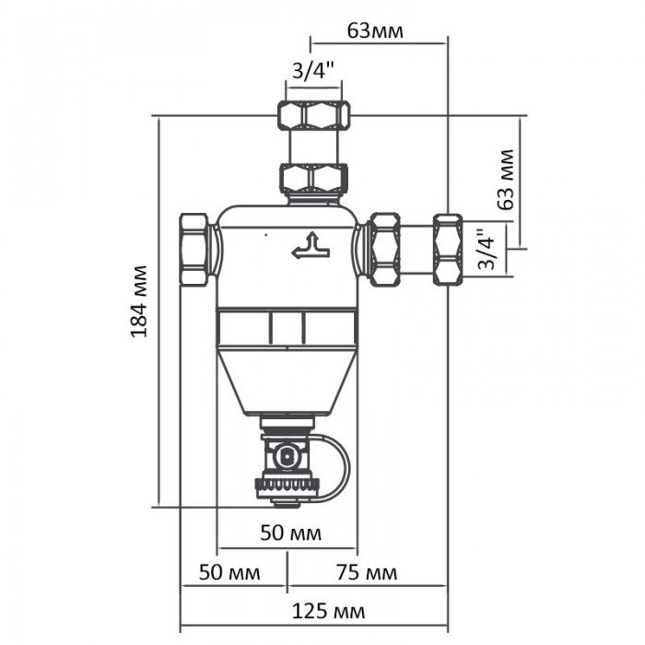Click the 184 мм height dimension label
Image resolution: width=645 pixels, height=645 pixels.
(139, 302)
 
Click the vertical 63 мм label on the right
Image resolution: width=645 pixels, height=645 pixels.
(504, 180)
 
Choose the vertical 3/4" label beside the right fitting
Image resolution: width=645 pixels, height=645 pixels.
(487, 250)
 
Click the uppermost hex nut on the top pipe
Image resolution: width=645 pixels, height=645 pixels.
(313, 114)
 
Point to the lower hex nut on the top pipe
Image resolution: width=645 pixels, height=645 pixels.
(313, 176)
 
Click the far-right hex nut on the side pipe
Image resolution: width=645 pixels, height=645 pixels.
(448, 249)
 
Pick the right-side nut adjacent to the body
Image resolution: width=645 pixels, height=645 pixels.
(383, 249)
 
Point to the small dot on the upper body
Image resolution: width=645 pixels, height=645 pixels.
(264, 235)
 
